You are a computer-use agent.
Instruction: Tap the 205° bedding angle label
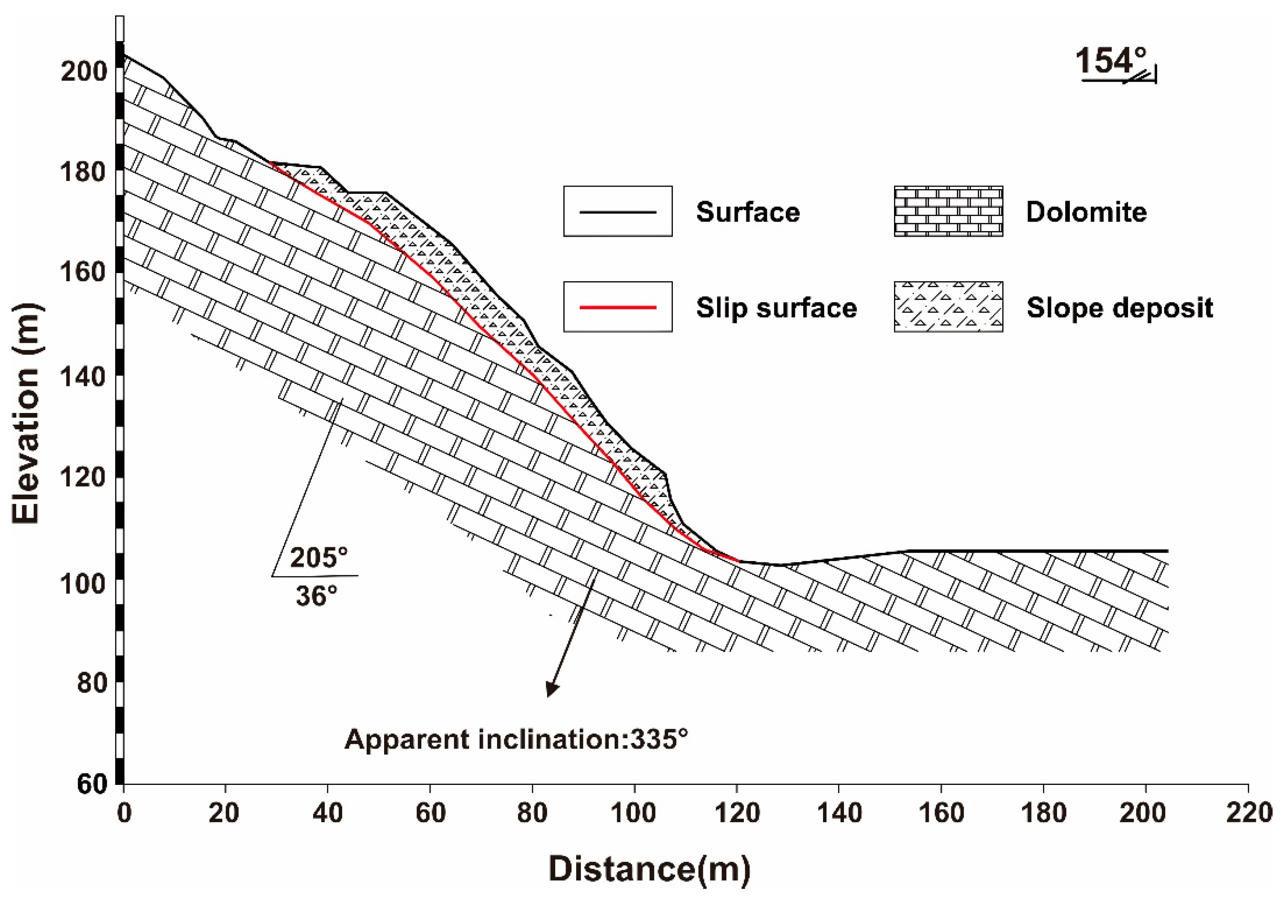click(319, 558)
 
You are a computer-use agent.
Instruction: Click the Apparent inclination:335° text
click(515, 739)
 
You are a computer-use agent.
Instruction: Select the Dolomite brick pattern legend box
click(948, 211)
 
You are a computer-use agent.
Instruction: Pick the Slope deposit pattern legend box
click(948, 307)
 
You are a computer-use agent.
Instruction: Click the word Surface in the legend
click(748, 212)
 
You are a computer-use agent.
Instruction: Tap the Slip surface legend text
click(776, 308)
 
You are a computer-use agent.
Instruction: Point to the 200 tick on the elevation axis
click(83, 71)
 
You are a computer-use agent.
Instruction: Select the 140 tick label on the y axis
click(83, 376)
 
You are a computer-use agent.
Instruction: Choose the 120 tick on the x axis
click(737, 813)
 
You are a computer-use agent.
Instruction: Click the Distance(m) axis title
click(649, 869)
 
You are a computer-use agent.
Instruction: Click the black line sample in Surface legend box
click(618, 212)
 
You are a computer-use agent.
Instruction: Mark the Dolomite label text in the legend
click(1086, 212)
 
